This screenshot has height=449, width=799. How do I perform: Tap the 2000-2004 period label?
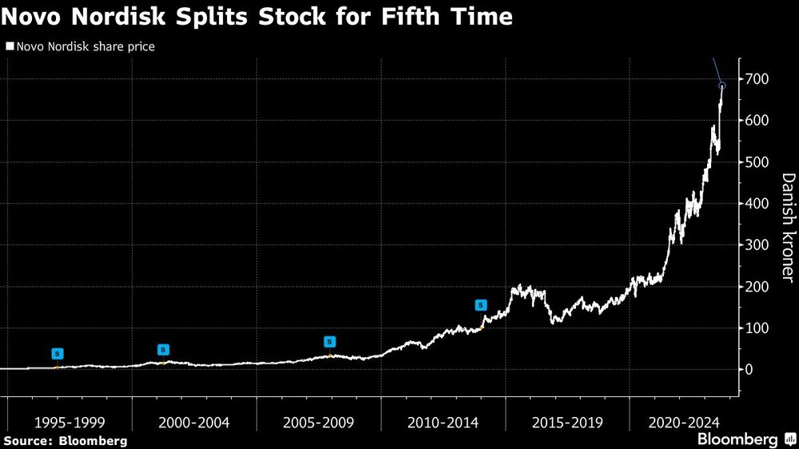pyautogui.click(x=193, y=422)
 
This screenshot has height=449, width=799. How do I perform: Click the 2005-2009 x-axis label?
pyautogui.click(x=318, y=422)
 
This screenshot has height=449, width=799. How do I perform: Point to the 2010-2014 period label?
pyautogui.click(x=443, y=422)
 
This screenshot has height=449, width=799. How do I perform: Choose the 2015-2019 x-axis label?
pyautogui.click(x=568, y=422)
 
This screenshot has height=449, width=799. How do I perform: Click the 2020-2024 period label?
pyautogui.click(x=686, y=422)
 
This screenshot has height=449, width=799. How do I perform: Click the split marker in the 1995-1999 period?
pyautogui.click(x=57, y=354)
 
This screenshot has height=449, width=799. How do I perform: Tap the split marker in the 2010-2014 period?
pyautogui.click(x=481, y=305)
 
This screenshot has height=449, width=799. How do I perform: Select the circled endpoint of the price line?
pyautogui.click(x=722, y=85)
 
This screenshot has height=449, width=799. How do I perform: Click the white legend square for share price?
pyautogui.click(x=9, y=47)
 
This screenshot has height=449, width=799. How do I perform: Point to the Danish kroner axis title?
pyautogui.click(x=787, y=228)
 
